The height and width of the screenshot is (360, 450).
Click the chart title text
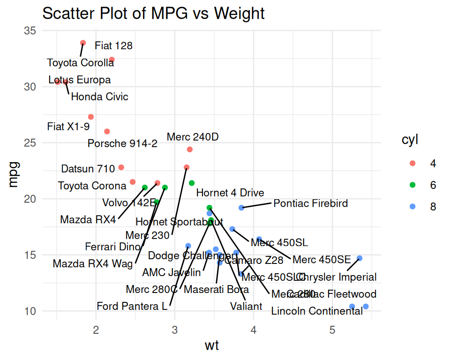coord(153,14)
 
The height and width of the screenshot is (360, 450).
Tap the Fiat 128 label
coord(113,46)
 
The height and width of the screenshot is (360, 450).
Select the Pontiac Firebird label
coord(311,203)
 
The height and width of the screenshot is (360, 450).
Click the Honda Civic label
coord(99,97)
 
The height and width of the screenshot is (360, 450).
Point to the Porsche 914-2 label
coord(123,143)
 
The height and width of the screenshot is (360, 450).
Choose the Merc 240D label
coord(193,137)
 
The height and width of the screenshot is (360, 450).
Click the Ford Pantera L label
coord(132,307)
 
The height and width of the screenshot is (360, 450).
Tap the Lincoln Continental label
coord(317,311)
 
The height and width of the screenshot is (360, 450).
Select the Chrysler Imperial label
coord(337,277)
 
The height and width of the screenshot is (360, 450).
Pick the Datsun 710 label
coord(88,168)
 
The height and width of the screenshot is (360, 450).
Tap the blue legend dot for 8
coord(412,207)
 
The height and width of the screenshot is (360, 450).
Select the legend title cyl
coord(410,140)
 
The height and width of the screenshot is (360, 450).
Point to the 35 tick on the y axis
coord(30,31)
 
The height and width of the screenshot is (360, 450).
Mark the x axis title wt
coord(212,346)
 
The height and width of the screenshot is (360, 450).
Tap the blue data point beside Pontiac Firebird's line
coord(241,208)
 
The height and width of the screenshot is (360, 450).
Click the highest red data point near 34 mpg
coord(83,43)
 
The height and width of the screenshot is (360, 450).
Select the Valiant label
coord(246,307)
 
